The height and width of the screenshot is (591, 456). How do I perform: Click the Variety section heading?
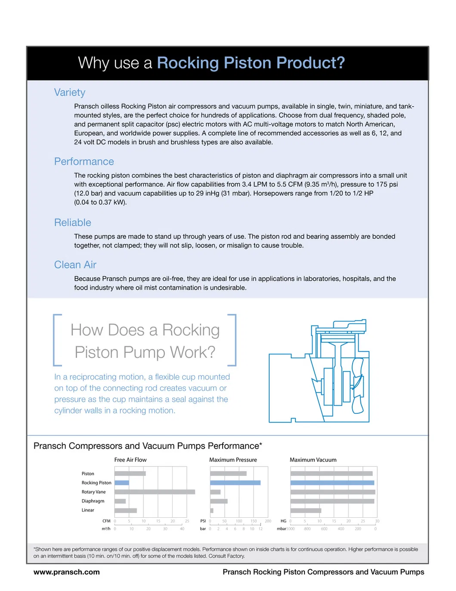(70, 93)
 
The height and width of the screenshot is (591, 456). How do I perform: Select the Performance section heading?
(84, 162)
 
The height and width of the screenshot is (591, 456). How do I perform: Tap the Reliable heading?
(72, 223)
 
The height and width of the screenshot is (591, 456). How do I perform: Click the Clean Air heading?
(75, 265)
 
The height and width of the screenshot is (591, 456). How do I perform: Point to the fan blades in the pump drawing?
(357, 386)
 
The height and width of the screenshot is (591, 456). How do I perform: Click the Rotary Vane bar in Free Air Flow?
(155, 492)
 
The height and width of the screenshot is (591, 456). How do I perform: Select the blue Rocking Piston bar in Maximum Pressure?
(235, 483)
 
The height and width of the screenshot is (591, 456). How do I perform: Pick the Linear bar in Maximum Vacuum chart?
(306, 510)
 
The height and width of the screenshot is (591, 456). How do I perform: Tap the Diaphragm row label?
(93, 501)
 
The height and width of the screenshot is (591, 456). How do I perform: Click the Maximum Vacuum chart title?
(313, 460)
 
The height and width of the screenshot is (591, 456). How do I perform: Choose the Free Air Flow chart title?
(130, 460)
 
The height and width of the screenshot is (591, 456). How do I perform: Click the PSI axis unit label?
(203, 521)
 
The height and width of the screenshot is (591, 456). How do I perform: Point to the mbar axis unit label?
(282, 529)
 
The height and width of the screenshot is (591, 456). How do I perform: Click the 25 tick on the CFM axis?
(187, 521)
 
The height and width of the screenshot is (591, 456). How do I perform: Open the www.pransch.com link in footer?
(67, 572)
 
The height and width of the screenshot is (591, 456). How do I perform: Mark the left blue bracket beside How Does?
(56, 340)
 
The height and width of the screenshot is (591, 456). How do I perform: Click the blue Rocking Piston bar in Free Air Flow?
(122, 483)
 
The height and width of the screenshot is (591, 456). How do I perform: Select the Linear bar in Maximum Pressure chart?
(212, 510)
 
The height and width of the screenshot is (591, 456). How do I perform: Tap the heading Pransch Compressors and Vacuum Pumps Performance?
(147, 446)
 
